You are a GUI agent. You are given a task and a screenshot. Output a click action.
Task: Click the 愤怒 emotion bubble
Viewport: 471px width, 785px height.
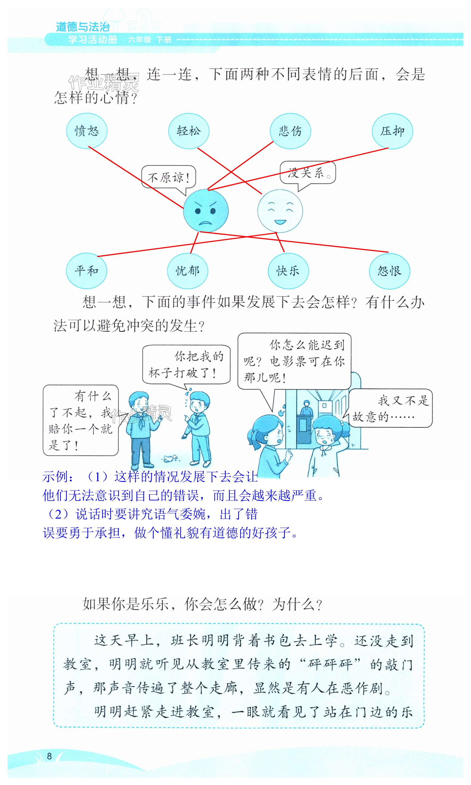pyautogui.click(x=87, y=131)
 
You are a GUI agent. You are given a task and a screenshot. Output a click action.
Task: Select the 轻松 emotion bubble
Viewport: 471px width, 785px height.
pyautogui.click(x=189, y=131)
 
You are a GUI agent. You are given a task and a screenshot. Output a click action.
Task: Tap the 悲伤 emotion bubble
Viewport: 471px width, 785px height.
pyautogui.click(x=290, y=131)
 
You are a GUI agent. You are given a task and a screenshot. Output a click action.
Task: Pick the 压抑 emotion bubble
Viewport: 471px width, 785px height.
pyautogui.click(x=392, y=131)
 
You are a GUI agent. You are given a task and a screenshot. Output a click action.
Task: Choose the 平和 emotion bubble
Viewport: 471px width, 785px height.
pyautogui.click(x=86, y=271)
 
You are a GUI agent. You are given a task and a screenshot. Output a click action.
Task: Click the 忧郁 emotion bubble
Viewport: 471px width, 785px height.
pyautogui.click(x=187, y=271)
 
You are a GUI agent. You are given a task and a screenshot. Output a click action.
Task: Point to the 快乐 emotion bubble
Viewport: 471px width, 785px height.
pyautogui.click(x=288, y=271)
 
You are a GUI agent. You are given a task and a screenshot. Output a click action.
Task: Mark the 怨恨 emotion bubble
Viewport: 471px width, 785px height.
pyautogui.click(x=389, y=271)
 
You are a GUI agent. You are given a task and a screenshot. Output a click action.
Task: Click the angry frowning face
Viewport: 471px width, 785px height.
pyautogui.click(x=206, y=211)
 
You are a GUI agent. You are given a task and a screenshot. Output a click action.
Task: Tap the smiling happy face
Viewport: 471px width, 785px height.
pyautogui.click(x=280, y=211)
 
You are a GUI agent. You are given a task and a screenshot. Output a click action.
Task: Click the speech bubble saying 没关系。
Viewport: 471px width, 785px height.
pyautogui.click(x=308, y=173)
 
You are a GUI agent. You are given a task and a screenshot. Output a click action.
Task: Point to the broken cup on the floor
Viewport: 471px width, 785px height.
pyautogui.click(x=170, y=458)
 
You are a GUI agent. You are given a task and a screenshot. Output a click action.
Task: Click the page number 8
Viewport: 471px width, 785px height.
pyautogui.click(x=49, y=756)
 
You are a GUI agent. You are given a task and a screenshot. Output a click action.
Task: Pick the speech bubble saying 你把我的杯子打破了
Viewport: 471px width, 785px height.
pyautogui.click(x=186, y=364)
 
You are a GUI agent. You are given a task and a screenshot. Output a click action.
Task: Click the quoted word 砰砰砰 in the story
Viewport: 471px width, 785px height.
pyautogui.click(x=330, y=664)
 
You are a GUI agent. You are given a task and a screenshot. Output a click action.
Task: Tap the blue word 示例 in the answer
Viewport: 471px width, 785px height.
pyautogui.click(x=56, y=477)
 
